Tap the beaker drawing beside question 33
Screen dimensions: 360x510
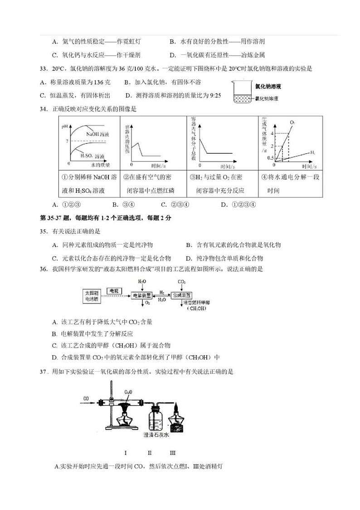[x=242, y=93]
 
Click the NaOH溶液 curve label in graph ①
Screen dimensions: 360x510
[x=97, y=134]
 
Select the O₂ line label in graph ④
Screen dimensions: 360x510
[x=292, y=123]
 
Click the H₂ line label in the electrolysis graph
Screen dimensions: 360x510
[x=313, y=152]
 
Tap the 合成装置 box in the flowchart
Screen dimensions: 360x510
[x=182, y=295]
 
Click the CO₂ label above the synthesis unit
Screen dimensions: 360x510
[x=182, y=282]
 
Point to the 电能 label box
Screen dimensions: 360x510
[x=113, y=290]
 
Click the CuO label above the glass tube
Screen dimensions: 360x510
[x=128, y=391]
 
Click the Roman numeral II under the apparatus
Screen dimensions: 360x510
[x=150, y=453]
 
